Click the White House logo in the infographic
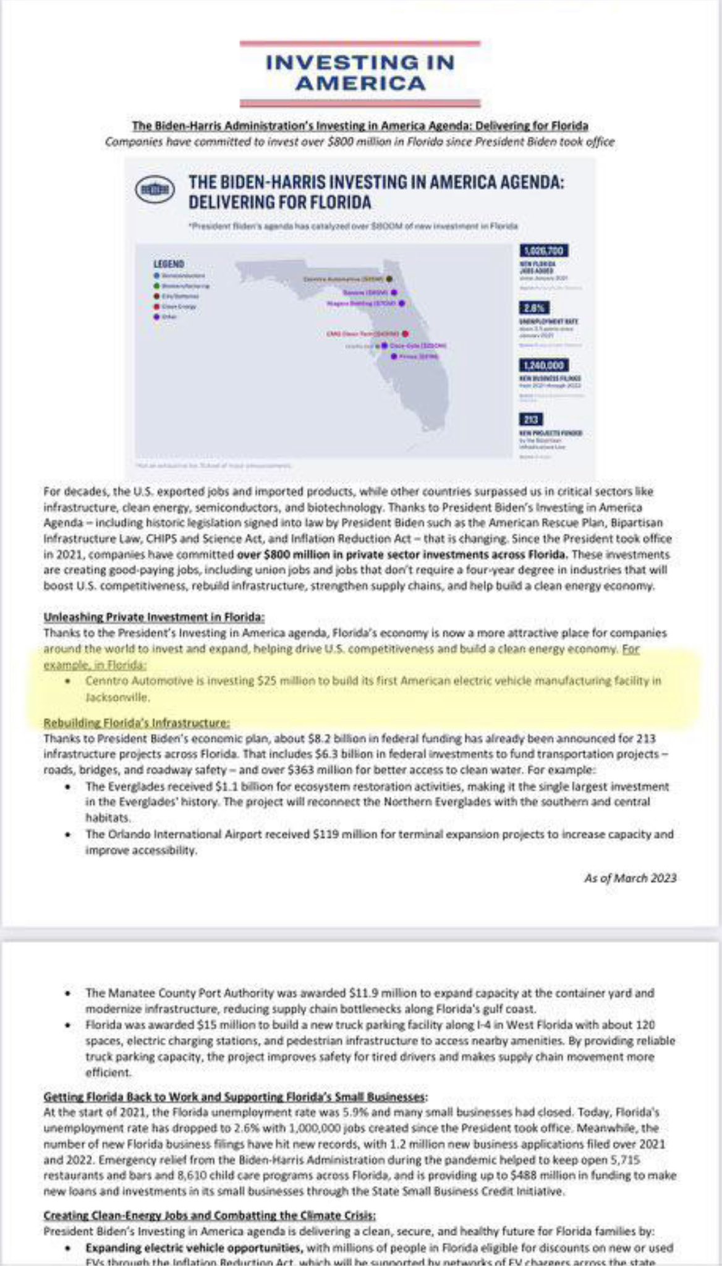pyautogui.click(x=155, y=190)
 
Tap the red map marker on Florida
pyautogui.click(x=405, y=334)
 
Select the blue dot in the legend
pyautogui.click(x=157, y=275)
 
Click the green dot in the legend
pyautogui.click(x=157, y=286)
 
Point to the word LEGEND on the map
pyautogui.click(x=169, y=264)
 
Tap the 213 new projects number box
pyautogui.click(x=530, y=419)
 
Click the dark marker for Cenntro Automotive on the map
pyautogui.click(x=389, y=279)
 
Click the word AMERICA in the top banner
pyautogui.click(x=360, y=83)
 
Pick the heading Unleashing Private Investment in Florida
pyautogui.click(x=154, y=617)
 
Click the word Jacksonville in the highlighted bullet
pyautogui.click(x=117, y=697)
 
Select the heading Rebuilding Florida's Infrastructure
pyautogui.click(x=137, y=723)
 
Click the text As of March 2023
pyautogui.click(x=630, y=878)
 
